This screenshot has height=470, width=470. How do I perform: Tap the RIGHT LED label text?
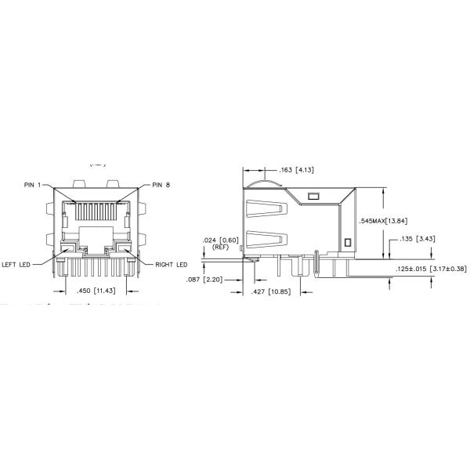170,263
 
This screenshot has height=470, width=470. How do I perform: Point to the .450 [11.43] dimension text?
92,291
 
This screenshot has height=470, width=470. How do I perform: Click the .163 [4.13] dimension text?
296,169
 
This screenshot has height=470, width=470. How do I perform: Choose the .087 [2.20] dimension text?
205,279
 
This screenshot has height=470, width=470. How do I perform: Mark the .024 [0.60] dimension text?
219,239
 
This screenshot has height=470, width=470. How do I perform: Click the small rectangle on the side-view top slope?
315,196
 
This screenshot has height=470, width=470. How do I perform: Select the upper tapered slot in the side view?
265,210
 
